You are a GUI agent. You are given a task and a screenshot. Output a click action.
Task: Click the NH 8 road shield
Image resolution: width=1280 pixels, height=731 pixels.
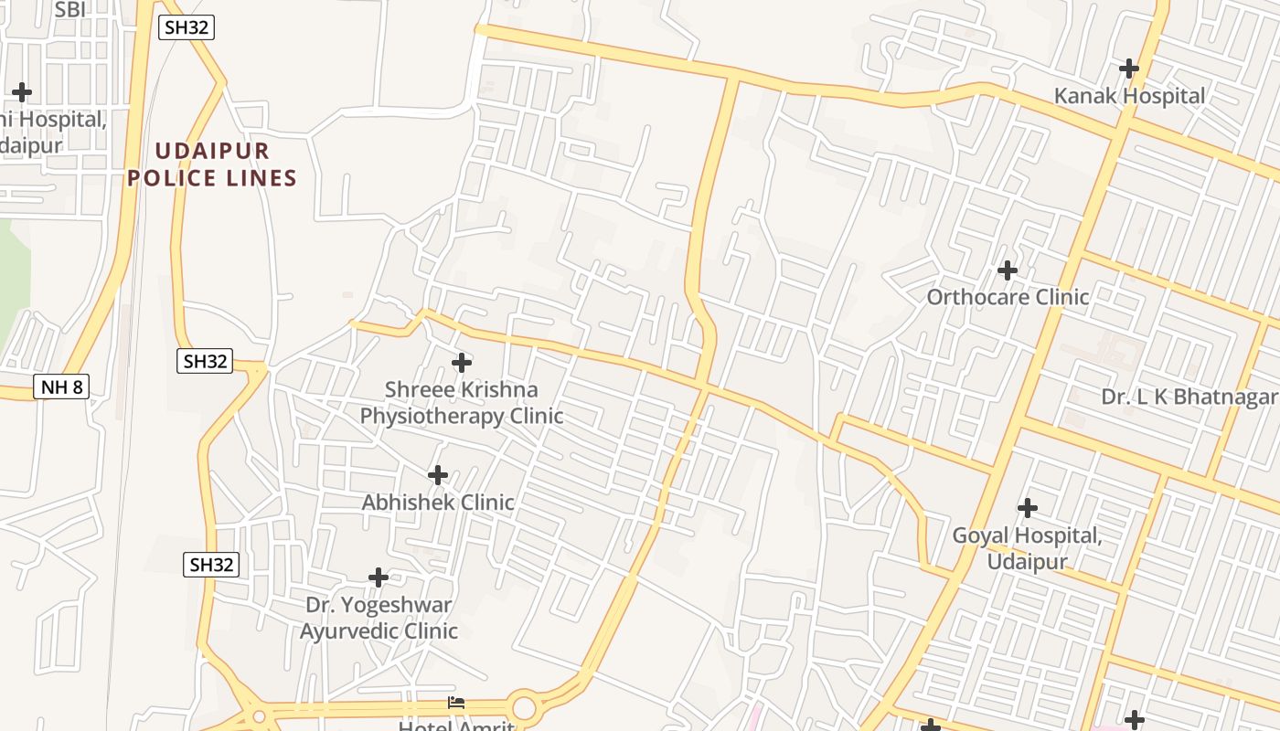click(62, 387)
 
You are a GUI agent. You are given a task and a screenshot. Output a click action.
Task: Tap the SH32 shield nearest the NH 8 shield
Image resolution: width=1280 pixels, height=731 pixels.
click(205, 361)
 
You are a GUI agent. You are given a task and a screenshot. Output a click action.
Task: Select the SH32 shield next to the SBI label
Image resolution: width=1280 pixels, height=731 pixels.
click(187, 27)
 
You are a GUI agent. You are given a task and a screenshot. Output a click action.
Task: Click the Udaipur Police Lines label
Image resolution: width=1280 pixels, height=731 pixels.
click(212, 164)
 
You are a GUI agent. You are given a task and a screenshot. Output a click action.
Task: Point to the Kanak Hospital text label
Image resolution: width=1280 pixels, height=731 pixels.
click(1129, 96)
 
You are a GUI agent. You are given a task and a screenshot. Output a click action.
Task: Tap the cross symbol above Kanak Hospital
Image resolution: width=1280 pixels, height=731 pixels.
click(1129, 69)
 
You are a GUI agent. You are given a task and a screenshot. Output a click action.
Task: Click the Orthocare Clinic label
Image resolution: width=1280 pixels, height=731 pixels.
click(1008, 297)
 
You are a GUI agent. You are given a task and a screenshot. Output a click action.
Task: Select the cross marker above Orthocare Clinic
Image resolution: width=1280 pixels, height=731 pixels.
click(1008, 270)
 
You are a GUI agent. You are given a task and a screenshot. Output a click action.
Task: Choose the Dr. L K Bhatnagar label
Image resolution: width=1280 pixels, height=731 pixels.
click(1189, 397)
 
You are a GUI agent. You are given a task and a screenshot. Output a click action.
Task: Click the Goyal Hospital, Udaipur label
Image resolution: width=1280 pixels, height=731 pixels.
click(1027, 547)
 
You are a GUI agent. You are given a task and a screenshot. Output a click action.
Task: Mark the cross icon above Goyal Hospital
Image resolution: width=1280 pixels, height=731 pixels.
click(1028, 508)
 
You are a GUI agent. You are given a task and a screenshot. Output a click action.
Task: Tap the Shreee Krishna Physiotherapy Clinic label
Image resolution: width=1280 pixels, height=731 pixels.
click(461, 403)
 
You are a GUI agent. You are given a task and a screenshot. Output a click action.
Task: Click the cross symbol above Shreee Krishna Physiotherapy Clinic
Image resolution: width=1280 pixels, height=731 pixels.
click(462, 364)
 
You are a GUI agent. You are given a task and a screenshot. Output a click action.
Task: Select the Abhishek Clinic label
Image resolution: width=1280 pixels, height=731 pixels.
click(438, 503)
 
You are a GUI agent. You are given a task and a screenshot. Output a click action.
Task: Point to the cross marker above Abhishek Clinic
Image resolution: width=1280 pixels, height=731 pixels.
click(438, 475)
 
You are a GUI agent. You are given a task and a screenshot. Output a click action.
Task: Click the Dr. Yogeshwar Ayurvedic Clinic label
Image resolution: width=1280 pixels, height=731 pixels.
click(379, 618)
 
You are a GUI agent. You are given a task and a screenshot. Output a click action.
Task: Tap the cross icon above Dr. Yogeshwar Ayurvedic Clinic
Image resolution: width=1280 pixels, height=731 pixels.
click(379, 577)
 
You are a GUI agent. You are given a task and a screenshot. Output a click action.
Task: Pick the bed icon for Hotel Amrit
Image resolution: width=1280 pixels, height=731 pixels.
click(456, 703)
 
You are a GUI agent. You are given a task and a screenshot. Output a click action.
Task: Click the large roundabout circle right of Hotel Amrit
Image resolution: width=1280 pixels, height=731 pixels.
click(524, 708)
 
